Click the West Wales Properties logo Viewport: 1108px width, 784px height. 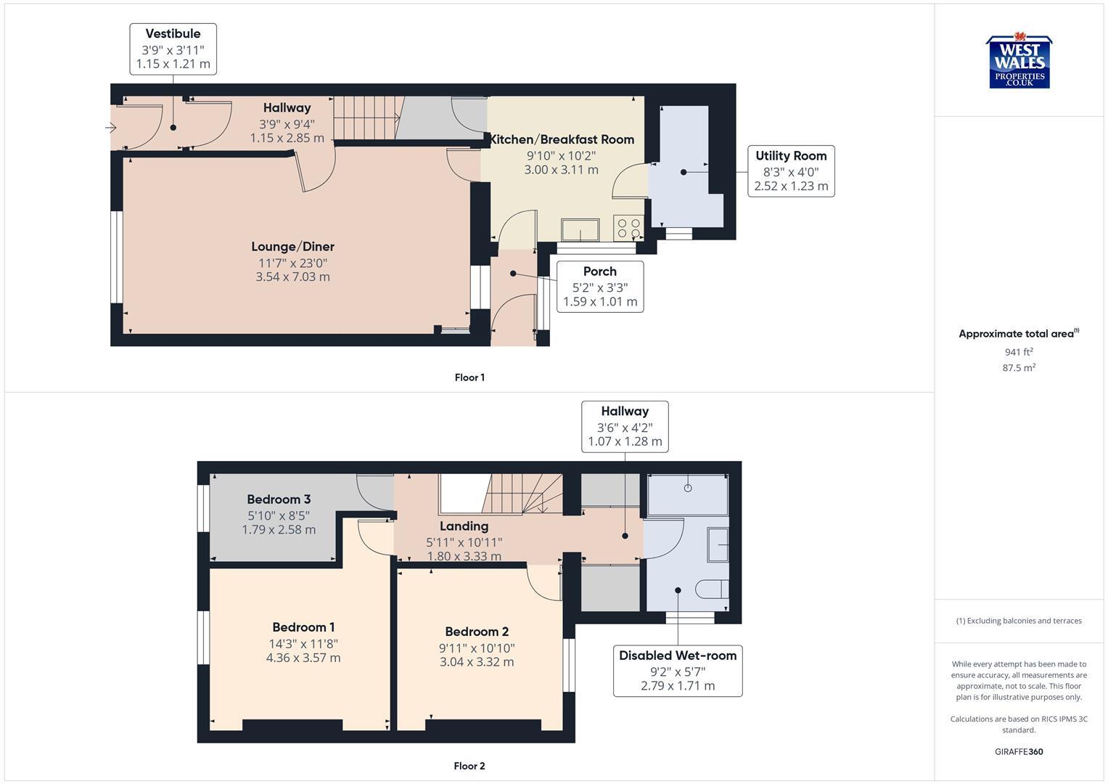pyautogui.click(x=1019, y=62)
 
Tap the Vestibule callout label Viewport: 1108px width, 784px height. pyautogui.click(x=173, y=49)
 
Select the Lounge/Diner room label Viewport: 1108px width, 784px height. pyautogui.click(x=292, y=247)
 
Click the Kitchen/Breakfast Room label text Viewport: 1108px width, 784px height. pyautogui.click(x=562, y=139)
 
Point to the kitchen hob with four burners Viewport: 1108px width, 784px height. pyautogui.click(x=628, y=228)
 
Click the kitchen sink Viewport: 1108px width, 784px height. pyautogui.click(x=579, y=229)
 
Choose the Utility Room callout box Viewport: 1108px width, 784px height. pyautogui.click(x=790, y=171)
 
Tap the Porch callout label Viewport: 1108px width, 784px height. pyautogui.click(x=599, y=286)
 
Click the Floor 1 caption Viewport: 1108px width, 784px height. pyautogui.click(x=469, y=377)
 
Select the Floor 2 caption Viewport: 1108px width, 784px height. pyautogui.click(x=469, y=766)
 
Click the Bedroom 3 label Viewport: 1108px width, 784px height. pyautogui.click(x=279, y=499)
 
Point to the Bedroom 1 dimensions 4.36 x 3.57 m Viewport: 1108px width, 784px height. pyautogui.click(x=303, y=658)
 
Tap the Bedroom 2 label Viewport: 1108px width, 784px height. pyautogui.click(x=477, y=632)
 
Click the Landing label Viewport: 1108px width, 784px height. pyautogui.click(x=464, y=526)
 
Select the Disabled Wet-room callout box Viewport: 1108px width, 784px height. pyautogui.click(x=677, y=671)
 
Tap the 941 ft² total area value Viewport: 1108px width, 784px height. pyautogui.click(x=1019, y=352)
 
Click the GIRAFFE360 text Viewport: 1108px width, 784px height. pyautogui.click(x=1019, y=752)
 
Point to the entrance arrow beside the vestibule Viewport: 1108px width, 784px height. pyautogui.click(x=111, y=128)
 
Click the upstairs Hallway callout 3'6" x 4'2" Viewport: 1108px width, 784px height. pyautogui.click(x=625, y=426)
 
